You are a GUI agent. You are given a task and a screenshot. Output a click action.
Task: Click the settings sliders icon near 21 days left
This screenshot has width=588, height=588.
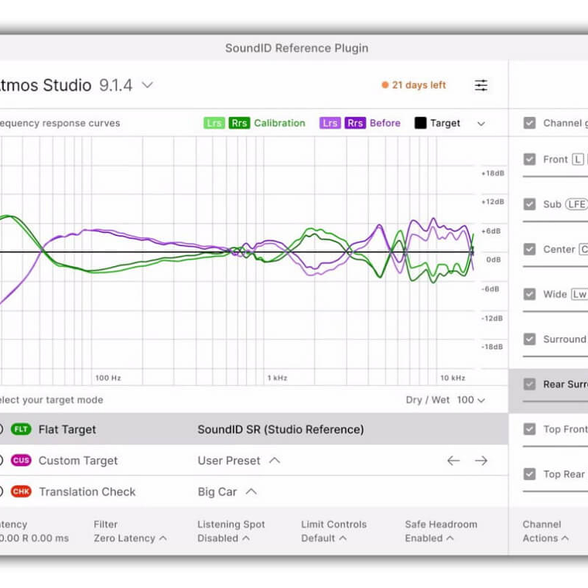(x=481, y=85)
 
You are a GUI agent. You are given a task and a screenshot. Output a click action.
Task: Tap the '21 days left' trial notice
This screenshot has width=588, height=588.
(x=414, y=85)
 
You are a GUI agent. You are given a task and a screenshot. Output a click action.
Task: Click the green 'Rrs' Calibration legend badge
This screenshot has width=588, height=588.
(x=240, y=123)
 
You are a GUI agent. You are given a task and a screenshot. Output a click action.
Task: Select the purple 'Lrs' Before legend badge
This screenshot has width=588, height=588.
(x=330, y=123)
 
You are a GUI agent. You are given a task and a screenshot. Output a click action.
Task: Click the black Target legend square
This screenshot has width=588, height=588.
(x=421, y=123)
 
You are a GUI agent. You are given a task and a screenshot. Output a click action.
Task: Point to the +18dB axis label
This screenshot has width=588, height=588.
(x=493, y=173)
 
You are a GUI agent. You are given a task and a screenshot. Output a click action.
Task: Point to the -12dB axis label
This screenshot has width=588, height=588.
(x=493, y=318)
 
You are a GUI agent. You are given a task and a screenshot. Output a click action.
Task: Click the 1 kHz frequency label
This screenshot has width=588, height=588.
(x=277, y=378)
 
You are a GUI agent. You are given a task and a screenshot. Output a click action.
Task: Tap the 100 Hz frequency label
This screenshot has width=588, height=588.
(x=108, y=378)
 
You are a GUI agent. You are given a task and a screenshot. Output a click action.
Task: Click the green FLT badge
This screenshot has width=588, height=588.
(x=21, y=429)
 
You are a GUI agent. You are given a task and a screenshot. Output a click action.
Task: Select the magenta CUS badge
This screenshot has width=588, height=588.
(x=21, y=460)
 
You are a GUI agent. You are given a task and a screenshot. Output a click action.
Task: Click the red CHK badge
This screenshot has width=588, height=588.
(x=21, y=491)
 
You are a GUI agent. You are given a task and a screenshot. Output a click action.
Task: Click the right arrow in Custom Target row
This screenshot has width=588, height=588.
(x=481, y=460)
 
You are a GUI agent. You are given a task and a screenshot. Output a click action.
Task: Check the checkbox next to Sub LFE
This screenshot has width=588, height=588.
(x=530, y=204)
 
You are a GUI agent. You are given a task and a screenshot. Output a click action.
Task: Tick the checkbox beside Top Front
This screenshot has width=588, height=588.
(x=530, y=429)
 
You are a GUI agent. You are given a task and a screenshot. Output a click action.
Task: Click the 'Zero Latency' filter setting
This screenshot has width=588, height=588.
(x=130, y=538)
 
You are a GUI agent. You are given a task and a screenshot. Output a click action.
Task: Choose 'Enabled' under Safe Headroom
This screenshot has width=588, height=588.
(x=429, y=538)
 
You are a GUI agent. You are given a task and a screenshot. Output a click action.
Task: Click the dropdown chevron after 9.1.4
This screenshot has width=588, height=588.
(x=147, y=85)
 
